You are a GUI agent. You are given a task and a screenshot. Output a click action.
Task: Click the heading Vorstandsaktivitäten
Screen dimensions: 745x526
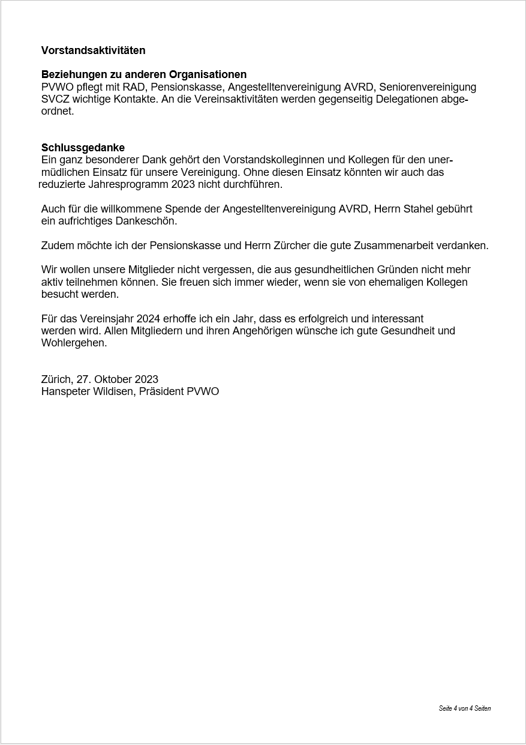point(93,50)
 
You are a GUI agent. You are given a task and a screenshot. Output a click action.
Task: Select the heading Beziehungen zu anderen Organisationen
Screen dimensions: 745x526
point(144,74)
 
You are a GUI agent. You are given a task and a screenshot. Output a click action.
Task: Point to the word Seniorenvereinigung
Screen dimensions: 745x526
point(428,87)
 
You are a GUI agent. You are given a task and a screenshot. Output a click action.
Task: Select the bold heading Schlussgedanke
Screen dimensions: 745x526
point(83,148)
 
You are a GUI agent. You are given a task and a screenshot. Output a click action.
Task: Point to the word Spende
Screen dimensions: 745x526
point(188,209)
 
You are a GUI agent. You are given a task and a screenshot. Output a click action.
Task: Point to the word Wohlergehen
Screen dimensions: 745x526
point(74,343)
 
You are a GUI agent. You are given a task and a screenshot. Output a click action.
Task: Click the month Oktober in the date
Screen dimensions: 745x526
point(112,379)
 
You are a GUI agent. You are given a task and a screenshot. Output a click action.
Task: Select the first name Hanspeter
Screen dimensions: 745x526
point(64,391)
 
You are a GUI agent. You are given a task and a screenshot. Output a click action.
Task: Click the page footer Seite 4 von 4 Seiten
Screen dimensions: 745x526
point(464,708)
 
